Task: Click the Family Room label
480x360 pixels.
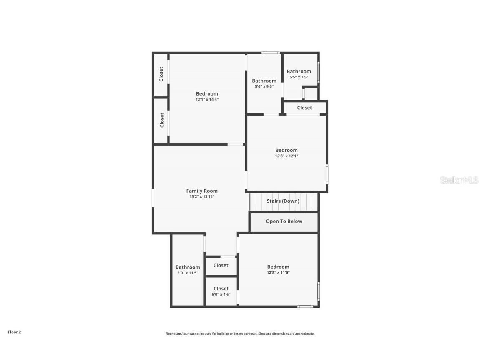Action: pos(202,191)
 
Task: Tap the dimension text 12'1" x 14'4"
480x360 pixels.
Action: pos(207,99)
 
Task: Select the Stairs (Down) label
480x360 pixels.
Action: pos(283,201)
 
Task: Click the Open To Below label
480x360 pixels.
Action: pos(284,222)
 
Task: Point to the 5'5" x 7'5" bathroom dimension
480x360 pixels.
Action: pos(299,77)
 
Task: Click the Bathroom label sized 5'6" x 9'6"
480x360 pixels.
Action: pos(264,81)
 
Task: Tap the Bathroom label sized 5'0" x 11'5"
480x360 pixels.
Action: pos(188,267)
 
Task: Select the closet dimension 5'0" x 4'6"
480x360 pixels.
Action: pos(221,294)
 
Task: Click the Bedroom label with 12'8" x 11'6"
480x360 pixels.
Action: pos(278,267)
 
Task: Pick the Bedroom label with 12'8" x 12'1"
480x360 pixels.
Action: pos(286,150)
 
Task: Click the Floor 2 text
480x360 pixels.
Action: pos(14,332)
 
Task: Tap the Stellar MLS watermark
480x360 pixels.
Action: pos(459,180)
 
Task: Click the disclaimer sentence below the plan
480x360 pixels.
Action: pos(240,334)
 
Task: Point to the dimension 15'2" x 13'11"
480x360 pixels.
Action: pos(202,196)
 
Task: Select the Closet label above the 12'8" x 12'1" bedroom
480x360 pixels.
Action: pos(304,108)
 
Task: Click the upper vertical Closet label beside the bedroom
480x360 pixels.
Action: pos(161,74)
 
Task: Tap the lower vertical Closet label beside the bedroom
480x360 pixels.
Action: pos(162,120)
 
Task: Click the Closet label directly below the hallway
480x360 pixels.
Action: pos(221,265)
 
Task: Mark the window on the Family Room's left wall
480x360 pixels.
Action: pos(153,198)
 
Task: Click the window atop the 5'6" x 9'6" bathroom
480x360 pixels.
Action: pos(271,53)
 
